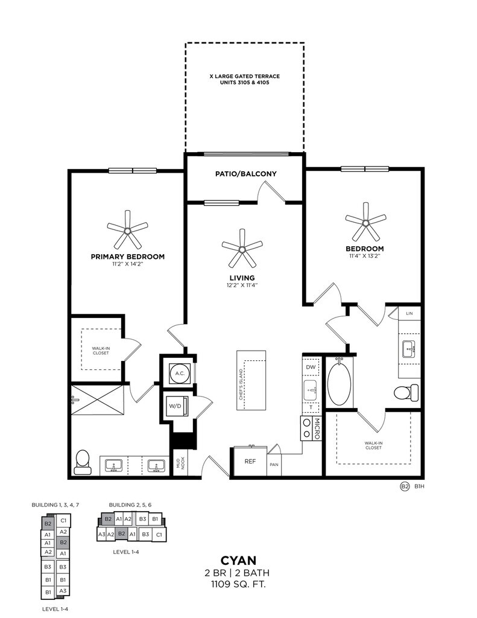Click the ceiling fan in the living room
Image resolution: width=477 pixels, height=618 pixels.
click(x=242, y=249)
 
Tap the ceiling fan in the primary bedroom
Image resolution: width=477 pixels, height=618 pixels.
click(x=127, y=230)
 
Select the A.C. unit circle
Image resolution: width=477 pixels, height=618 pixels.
click(x=180, y=373)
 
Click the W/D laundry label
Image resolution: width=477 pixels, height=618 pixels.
click(x=175, y=406)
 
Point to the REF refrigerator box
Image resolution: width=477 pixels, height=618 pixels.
click(x=250, y=462)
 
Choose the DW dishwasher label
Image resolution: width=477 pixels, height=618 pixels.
click(x=311, y=367)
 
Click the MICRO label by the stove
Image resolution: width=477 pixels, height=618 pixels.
click(x=317, y=429)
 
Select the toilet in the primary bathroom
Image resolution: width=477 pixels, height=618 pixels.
click(x=83, y=462)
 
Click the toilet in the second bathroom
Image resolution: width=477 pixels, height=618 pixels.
click(x=406, y=392)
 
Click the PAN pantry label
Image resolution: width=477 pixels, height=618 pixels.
click(x=274, y=465)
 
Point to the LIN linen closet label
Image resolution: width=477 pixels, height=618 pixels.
click(x=409, y=313)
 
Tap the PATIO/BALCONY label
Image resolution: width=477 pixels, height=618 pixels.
click(x=246, y=174)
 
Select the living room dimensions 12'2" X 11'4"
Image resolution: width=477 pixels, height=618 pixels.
click(x=242, y=285)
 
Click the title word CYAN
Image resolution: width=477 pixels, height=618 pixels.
click(x=238, y=560)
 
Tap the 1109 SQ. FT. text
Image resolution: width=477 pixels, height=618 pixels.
click(x=238, y=584)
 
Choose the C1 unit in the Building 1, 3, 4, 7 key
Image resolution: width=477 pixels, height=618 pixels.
click(x=63, y=520)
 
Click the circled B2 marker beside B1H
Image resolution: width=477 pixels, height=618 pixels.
click(x=405, y=487)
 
